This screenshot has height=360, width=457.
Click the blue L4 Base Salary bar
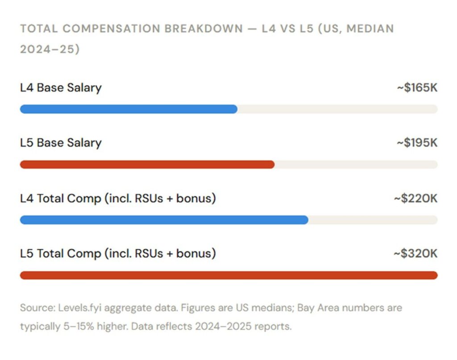click(129, 109)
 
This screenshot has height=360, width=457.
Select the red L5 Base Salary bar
click(147, 164)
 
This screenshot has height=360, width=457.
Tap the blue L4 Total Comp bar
click(164, 220)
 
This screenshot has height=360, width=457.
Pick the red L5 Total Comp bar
click(228, 275)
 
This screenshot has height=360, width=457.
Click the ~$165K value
click(417, 88)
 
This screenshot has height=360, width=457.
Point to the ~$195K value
click(417, 143)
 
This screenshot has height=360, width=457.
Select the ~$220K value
click(415, 198)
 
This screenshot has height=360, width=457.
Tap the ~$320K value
click(415, 254)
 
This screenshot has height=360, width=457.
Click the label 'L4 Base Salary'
click(61, 88)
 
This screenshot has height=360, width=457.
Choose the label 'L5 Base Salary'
click(61, 143)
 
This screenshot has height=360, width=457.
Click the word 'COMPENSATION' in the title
click(111, 29)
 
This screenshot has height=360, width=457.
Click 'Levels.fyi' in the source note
click(73, 308)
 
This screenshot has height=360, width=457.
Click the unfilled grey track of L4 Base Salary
click(337, 109)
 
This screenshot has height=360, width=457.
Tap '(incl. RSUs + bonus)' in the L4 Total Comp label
click(160, 198)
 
